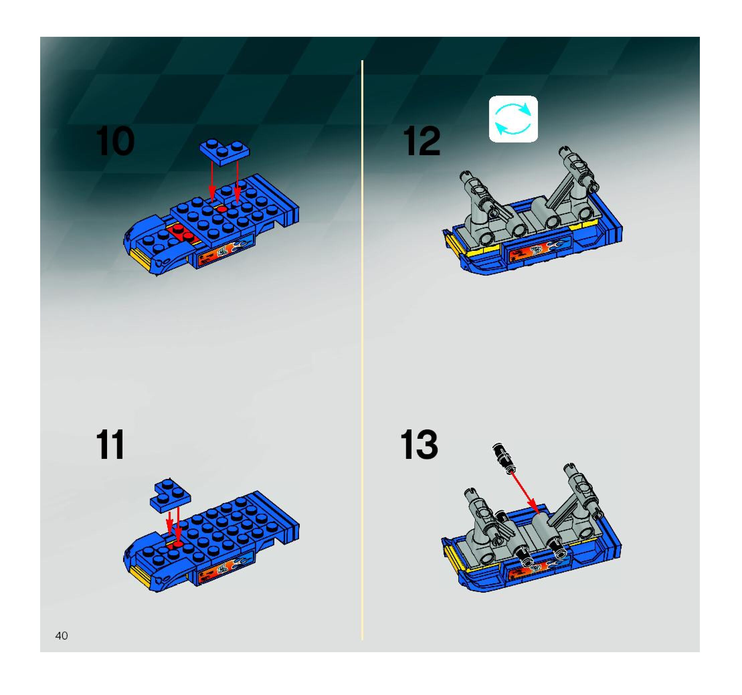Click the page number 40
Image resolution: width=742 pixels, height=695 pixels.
coord(62,636)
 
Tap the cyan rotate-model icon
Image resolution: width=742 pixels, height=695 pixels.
coord(513,119)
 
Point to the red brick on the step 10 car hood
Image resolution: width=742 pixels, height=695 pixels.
coord(184,234)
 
